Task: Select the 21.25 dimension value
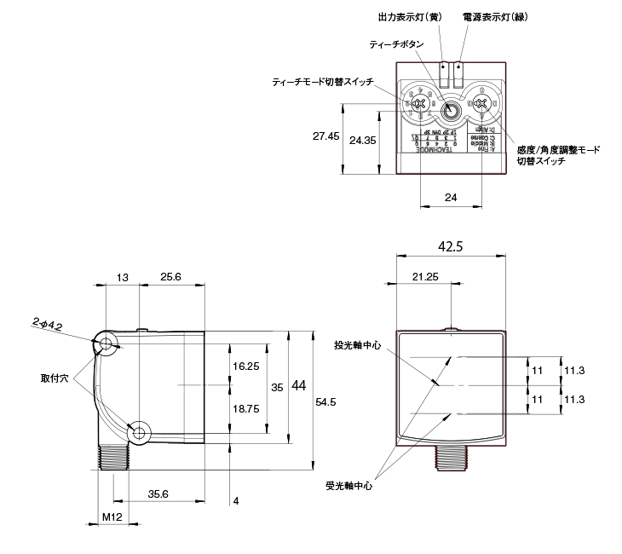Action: pyautogui.click(x=425, y=277)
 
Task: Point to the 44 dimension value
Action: pyautogui.click(x=298, y=386)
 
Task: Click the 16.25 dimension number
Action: pyautogui.click(x=245, y=366)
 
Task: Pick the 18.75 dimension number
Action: pyautogui.click(x=245, y=408)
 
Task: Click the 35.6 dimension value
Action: pyautogui.click(x=158, y=493)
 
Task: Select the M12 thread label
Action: pyautogui.click(x=113, y=517)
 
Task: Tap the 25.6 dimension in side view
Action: pyautogui.click(x=171, y=277)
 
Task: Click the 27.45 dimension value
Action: pyautogui.click(x=325, y=136)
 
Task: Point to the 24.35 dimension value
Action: pyautogui.click(x=362, y=140)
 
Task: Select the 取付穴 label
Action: pyautogui.click(x=55, y=376)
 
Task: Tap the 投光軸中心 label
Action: pyautogui.click(x=358, y=346)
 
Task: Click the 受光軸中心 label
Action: pyautogui.click(x=348, y=487)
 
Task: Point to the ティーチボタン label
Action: pyautogui.click(x=394, y=43)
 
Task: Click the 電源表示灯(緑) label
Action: pyautogui.click(x=492, y=16)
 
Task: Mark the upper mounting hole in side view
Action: pyautogui.click(x=106, y=344)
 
